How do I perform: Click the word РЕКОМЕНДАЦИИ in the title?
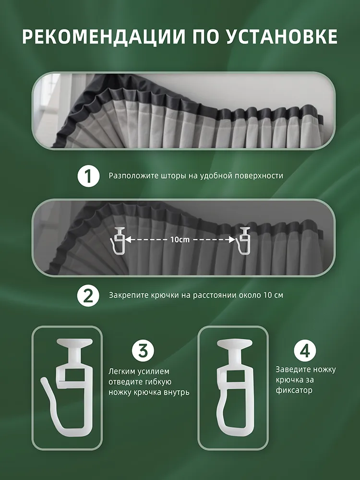click(x=104, y=37)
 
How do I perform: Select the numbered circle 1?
click(x=88, y=176)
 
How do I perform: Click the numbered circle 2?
click(x=88, y=295)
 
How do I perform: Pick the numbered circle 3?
click(x=143, y=351)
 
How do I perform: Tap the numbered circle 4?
click(x=305, y=351)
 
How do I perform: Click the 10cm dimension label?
click(x=180, y=240)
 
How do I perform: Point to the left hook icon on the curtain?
click(x=118, y=240)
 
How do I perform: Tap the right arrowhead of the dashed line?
click(x=232, y=240)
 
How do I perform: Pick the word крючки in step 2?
click(x=162, y=295)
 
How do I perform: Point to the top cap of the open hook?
click(x=74, y=343)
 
